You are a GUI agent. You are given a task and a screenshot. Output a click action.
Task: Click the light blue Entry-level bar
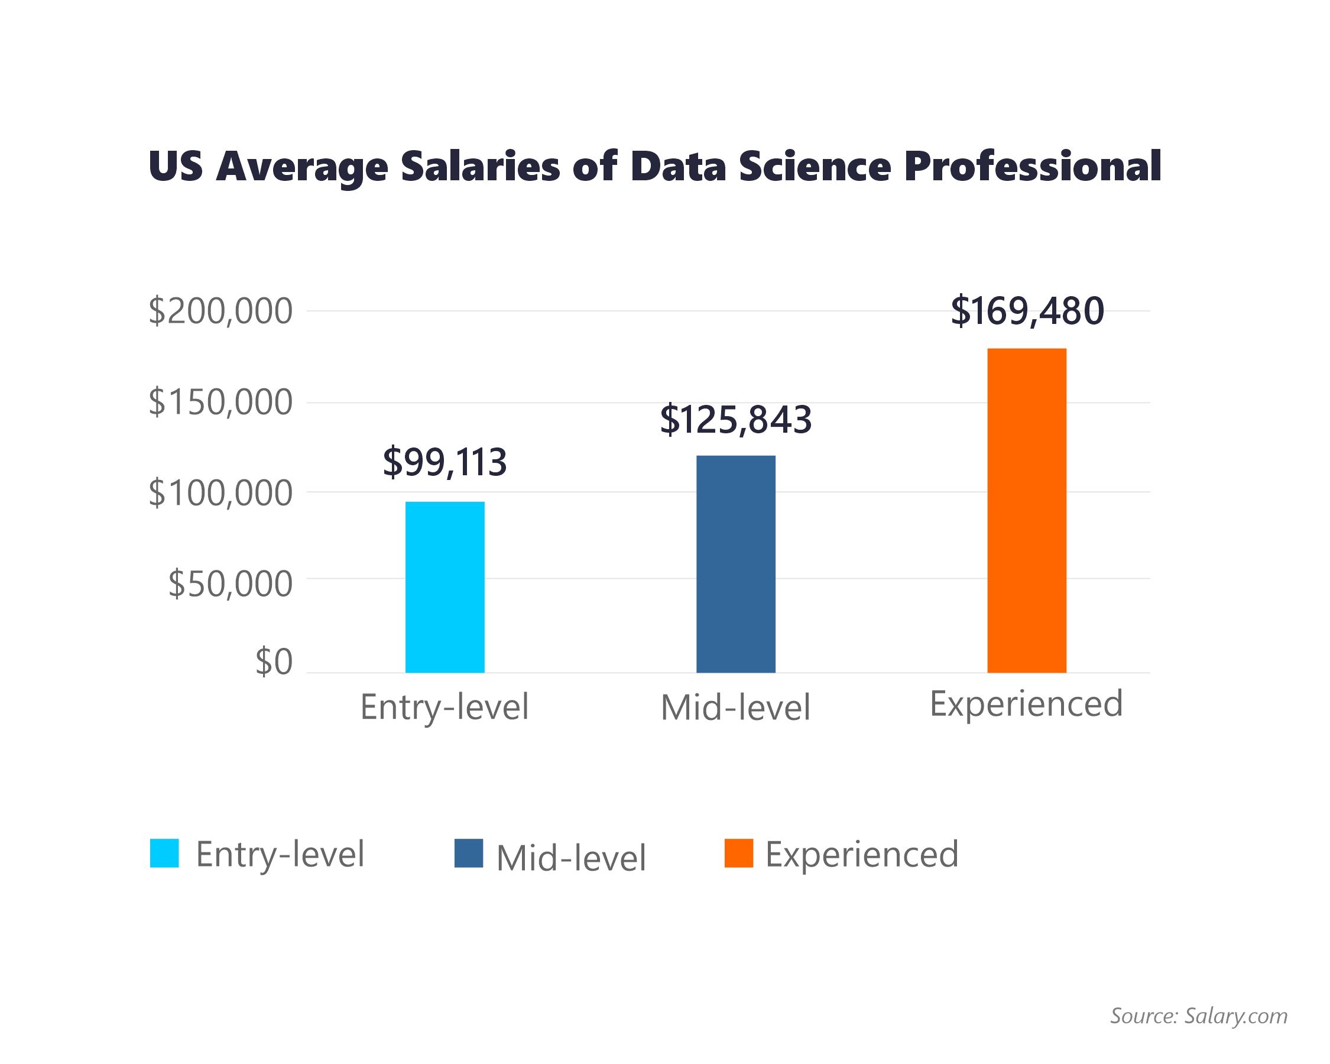445,586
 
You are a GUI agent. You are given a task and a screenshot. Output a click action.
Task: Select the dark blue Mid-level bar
735,564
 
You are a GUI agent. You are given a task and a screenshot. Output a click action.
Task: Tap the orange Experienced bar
1027,510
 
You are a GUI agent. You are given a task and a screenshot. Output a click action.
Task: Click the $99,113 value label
445,462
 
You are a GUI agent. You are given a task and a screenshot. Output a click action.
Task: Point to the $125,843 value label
735,420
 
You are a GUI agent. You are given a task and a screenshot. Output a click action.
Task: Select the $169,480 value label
1027,311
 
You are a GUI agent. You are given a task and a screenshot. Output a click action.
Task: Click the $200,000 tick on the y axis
220,311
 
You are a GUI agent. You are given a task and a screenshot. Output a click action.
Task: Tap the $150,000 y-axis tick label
220,402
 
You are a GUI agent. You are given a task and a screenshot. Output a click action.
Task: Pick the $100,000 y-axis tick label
220,493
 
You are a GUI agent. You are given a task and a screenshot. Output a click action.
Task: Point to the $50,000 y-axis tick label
230,583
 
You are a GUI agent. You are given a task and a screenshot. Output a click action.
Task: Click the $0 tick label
274,662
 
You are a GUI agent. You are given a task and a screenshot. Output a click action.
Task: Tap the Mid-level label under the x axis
735,708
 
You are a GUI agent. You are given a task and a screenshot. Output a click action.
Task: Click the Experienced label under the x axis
1026,704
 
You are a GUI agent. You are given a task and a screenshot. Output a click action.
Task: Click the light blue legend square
164,853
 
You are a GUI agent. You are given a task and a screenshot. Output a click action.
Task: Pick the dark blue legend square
468,853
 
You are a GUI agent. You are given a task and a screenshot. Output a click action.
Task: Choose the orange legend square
738,853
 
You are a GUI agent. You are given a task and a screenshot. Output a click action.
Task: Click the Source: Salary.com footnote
1199,1016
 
